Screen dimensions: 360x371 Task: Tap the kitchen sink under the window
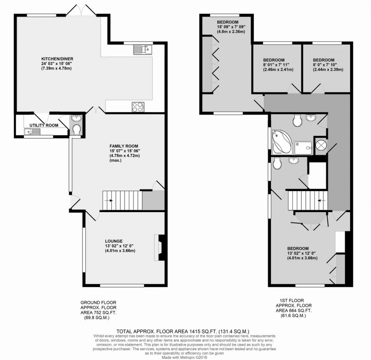pos(142,50)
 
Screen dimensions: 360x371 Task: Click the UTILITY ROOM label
pos(43,124)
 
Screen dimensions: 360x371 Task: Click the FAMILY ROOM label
pos(124,146)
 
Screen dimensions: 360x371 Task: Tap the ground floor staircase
pos(122,201)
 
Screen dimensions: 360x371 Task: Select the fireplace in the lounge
pos(159,248)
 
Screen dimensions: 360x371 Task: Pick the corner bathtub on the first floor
pos(282,141)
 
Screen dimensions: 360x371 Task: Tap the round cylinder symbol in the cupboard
pos(321,145)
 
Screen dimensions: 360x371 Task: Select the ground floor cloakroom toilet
pos(76,129)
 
